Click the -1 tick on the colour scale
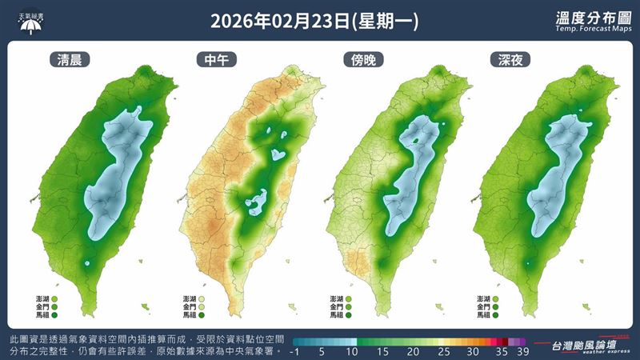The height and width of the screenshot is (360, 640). click(296, 352)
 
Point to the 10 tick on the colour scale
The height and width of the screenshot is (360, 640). click(352, 352)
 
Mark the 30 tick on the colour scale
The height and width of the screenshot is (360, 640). click(473, 352)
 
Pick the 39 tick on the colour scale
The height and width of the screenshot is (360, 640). click(522, 352)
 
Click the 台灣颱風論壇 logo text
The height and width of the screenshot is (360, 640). click(586, 344)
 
